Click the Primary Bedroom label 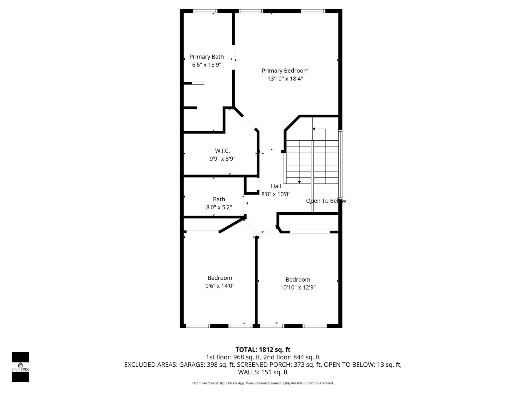tap(285, 71)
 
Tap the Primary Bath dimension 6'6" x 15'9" tap(207, 65)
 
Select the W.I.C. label tap(222, 151)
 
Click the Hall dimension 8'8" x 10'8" tap(276, 194)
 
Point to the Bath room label tap(219, 199)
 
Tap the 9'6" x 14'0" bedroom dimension tap(220, 286)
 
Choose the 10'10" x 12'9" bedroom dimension tap(298, 288)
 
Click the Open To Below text tap(326, 201)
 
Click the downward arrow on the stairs tap(299, 182)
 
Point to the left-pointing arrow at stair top tap(314, 129)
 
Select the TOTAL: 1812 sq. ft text tap(263, 350)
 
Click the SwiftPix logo tap(20, 367)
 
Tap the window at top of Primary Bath tap(205, 11)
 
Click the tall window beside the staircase tap(340, 164)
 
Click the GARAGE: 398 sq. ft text tap(207, 365)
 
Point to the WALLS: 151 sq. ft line tap(263, 372)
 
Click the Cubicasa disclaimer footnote tap(263, 383)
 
